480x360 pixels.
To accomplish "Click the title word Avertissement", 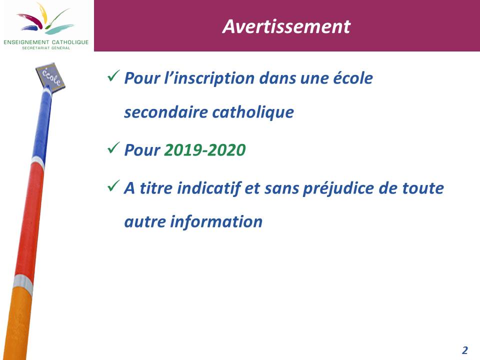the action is (x=286, y=26).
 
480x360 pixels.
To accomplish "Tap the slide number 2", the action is (x=464, y=350).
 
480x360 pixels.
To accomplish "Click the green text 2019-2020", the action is (x=205, y=150).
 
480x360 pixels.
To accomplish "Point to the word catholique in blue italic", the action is (x=253, y=112).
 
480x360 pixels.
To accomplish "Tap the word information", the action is (x=216, y=221).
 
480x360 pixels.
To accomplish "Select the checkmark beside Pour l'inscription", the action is (x=113, y=75).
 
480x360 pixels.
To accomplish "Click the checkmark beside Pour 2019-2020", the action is (x=113, y=147).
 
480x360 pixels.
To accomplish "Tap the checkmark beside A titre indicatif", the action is (x=113, y=185).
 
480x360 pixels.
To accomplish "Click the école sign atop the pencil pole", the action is (x=50, y=76).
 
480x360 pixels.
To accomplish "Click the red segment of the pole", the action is (x=29, y=220).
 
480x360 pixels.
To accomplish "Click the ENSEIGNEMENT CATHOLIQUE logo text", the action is (x=46, y=42).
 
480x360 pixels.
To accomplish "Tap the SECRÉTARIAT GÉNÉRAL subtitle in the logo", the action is (x=46, y=48).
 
